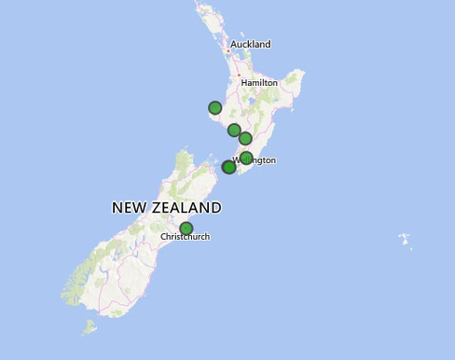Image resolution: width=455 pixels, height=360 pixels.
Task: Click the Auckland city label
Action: pyautogui.click(x=250, y=44)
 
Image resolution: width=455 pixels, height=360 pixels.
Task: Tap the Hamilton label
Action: pyautogui.click(x=259, y=83)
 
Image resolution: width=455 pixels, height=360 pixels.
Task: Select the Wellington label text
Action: pyautogui.click(x=258, y=160)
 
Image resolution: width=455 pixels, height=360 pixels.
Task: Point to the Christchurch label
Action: pyautogui.click(x=185, y=237)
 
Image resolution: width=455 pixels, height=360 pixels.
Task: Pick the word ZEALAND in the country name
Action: pyautogui.click(x=188, y=208)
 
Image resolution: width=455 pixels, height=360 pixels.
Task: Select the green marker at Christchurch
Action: pyautogui.click(x=186, y=228)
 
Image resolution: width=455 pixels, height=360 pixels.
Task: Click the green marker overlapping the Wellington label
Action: pyautogui.click(x=246, y=159)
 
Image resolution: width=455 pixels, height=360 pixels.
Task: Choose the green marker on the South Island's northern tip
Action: pyautogui.click(x=228, y=167)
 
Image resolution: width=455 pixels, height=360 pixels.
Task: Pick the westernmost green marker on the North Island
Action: pyautogui.click(x=215, y=108)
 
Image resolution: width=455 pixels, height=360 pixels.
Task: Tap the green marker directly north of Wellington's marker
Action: pyautogui.click(x=245, y=139)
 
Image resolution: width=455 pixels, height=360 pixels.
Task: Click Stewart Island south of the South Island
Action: pyautogui.click(x=89, y=327)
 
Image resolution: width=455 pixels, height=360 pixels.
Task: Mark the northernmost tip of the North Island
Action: pyautogui.click(x=197, y=3)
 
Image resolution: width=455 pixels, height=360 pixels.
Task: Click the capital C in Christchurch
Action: pyautogui.click(x=163, y=237)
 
